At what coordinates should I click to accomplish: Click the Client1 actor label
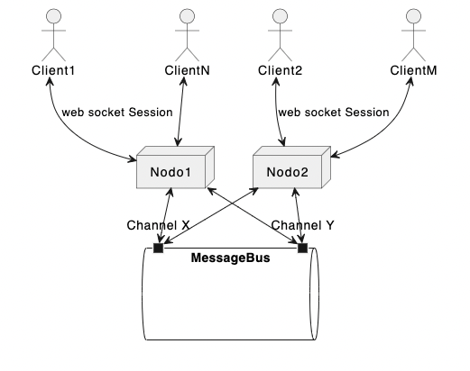(x=52, y=70)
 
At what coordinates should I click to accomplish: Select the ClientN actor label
(x=188, y=70)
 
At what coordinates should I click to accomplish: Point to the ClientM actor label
(x=414, y=70)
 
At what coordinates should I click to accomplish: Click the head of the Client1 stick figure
(x=52, y=16)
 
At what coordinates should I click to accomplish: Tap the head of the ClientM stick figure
(x=414, y=16)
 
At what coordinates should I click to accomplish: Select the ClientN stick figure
(x=188, y=34)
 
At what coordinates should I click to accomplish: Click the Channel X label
(x=158, y=225)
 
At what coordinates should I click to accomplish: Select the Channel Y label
(x=302, y=225)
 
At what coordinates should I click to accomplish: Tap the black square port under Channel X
(x=158, y=248)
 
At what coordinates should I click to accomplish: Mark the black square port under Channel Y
(x=302, y=248)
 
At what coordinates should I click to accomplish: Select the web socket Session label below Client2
(x=333, y=113)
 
